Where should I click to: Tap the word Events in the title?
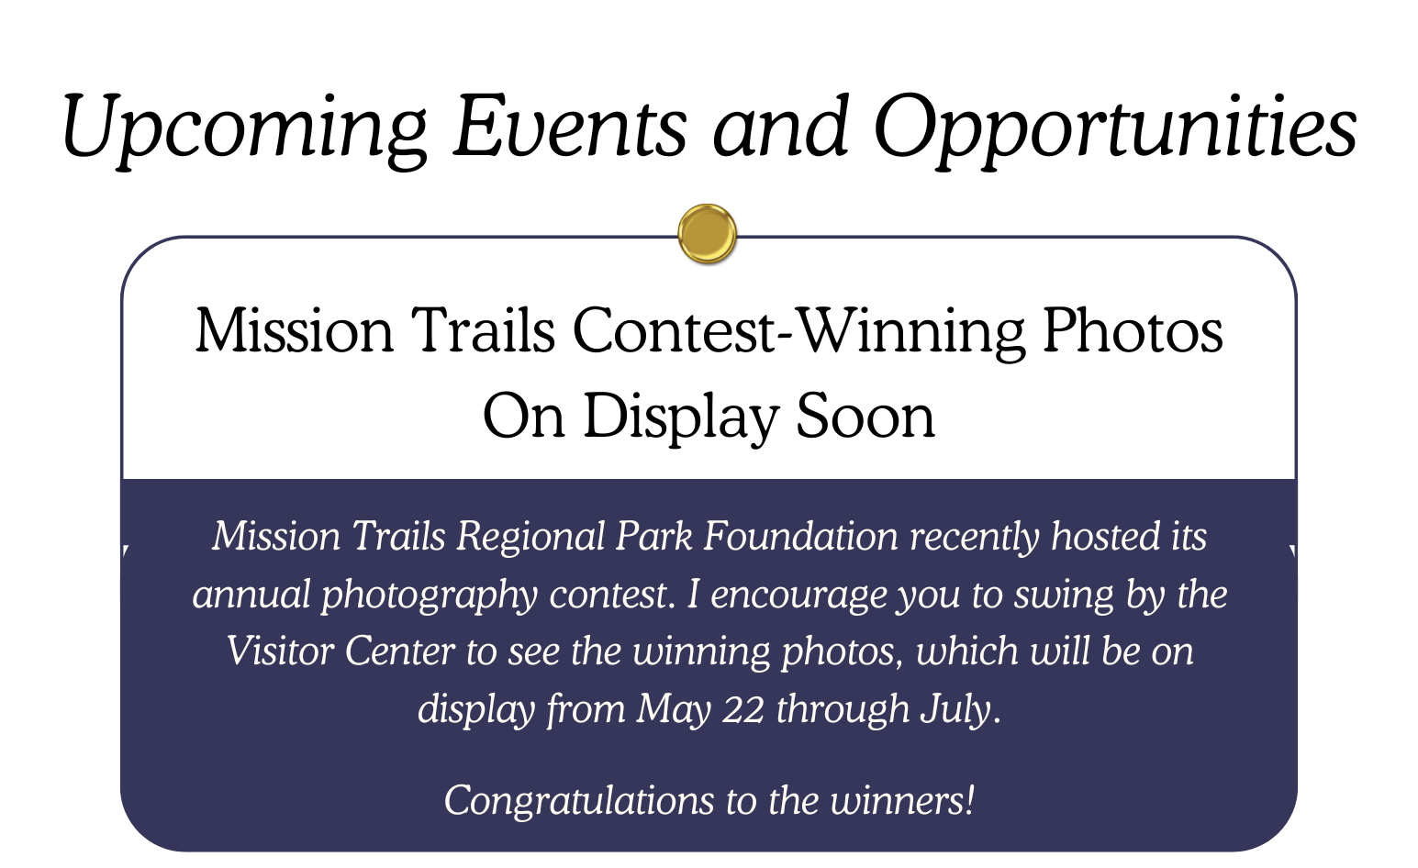click(x=570, y=126)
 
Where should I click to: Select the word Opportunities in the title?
click(x=1115, y=128)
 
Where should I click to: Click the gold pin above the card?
click(x=707, y=233)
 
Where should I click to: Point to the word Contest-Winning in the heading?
click(x=798, y=332)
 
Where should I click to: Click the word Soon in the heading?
click(x=865, y=417)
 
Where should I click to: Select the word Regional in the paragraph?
click(x=530, y=538)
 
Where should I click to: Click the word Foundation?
click(x=801, y=537)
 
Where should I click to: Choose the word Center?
click(x=399, y=651)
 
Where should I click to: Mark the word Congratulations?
click(x=578, y=801)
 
